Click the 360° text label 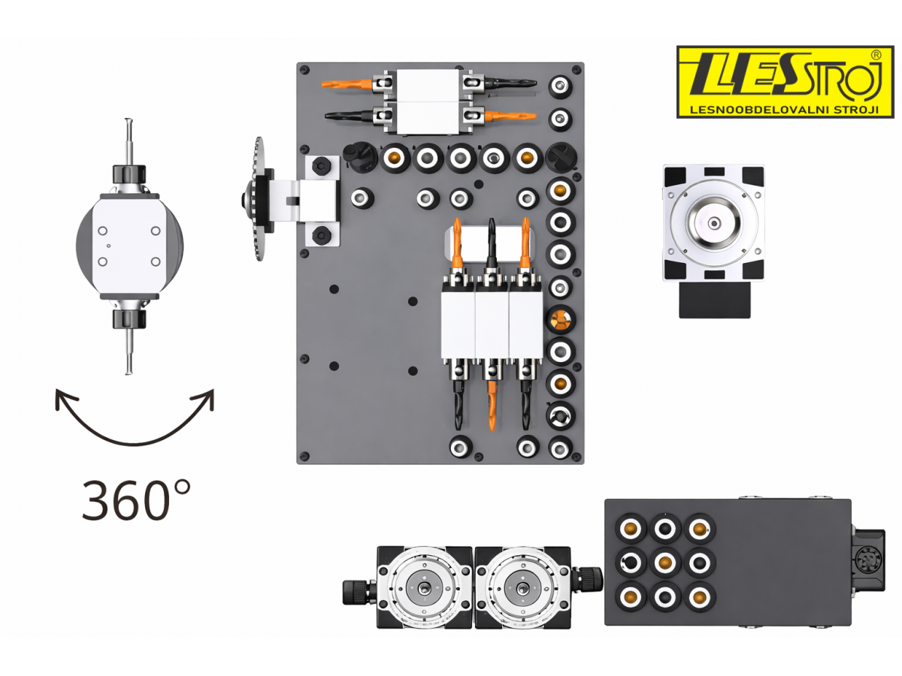point(136,499)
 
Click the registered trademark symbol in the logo point(876,55)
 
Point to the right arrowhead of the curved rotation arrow point(205,397)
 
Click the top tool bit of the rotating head point(129,142)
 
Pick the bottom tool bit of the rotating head point(129,352)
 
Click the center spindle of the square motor point(714,223)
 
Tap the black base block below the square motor point(714,299)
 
